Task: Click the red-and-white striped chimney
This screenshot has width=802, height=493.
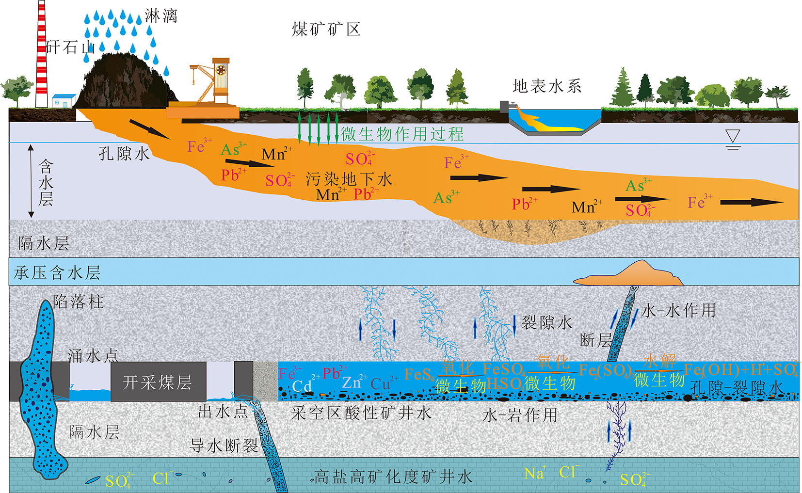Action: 42,53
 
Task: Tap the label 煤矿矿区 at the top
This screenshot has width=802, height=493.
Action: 326,30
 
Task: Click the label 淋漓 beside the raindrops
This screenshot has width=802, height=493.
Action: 161,16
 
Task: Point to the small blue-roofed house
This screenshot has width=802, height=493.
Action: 64,101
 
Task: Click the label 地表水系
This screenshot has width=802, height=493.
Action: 547,87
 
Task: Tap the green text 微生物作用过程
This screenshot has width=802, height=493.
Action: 402,134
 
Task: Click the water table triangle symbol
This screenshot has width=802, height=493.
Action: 733,138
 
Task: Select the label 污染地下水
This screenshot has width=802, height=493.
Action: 349,179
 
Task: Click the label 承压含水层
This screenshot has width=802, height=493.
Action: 57,273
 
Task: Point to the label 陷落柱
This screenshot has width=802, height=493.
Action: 78,302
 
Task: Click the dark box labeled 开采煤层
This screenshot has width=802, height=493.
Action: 158,382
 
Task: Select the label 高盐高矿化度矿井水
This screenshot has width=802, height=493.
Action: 393,477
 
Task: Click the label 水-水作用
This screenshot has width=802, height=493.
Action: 678,311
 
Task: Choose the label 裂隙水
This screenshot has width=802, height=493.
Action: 546,323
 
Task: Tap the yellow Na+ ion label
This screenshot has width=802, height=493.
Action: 534,473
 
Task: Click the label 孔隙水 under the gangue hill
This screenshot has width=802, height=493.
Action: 124,154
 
